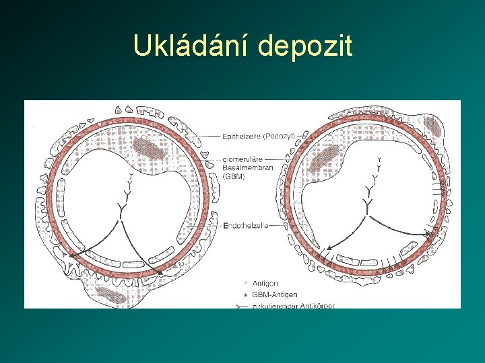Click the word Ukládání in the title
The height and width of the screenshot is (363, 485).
(x=191, y=46)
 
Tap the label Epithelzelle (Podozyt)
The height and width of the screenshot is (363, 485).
(x=259, y=136)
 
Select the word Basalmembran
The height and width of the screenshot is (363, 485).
(x=248, y=167)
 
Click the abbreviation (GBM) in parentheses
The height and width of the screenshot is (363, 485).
(x=234, y=175)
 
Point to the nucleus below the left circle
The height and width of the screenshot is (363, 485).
(x=110, y=293)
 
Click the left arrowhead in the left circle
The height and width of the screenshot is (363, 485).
(x=73, y=253)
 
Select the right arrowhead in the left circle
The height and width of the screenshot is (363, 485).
(x=160, y=272)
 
